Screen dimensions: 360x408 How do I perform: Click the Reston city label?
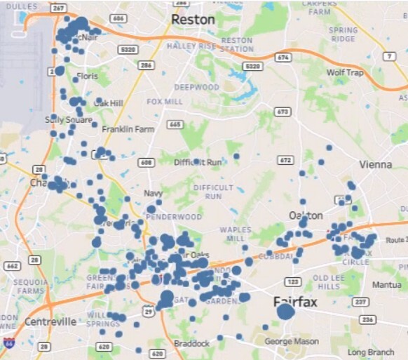pos(193,20)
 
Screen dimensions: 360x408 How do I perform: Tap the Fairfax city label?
pos(295,302)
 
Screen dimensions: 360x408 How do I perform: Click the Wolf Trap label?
pos(345,72)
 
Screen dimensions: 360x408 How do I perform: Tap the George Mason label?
pos(292,342)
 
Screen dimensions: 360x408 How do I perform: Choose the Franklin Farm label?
pos(128,130)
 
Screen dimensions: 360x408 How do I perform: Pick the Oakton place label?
pos(306,215)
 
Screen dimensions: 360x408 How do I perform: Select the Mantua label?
pos(387,285)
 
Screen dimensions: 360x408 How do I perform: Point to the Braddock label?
pos(191,343)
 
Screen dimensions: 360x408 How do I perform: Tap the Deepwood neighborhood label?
pos(192,87)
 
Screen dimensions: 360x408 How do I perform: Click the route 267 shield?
pos(59,9)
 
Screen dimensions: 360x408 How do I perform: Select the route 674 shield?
pos(283,56)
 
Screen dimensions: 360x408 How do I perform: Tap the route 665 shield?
pos(175,125)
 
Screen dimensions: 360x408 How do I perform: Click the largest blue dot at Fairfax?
pos(285,312)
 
